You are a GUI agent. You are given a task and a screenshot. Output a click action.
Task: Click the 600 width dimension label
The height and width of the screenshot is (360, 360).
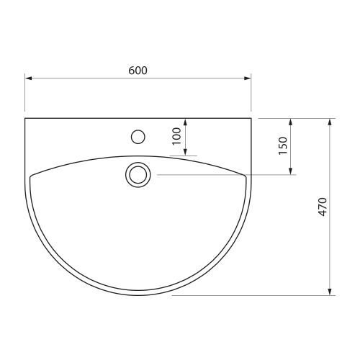(138, 71)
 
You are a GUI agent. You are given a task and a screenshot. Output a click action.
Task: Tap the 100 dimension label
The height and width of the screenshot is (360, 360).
(176, 136)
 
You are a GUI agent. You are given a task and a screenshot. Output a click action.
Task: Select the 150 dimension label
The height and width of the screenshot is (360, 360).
(283, 145)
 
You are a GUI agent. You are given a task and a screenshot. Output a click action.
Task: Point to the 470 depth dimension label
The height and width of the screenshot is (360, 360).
(323, 207)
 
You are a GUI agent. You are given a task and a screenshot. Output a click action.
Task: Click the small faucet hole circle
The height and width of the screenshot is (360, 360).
(138, 137)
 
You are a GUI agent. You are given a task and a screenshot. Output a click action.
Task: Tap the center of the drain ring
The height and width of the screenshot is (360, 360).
(138, 175)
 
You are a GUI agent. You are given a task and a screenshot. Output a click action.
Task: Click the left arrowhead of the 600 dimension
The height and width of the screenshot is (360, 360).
(29, 78)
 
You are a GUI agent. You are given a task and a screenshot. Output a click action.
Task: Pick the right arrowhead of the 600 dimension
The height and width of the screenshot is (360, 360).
(248, 78)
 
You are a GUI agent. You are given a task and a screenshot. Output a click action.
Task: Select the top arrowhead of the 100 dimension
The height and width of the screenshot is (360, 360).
(185, 122)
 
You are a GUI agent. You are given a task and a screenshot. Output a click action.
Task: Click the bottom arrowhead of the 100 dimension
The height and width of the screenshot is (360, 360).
(185, 152)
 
